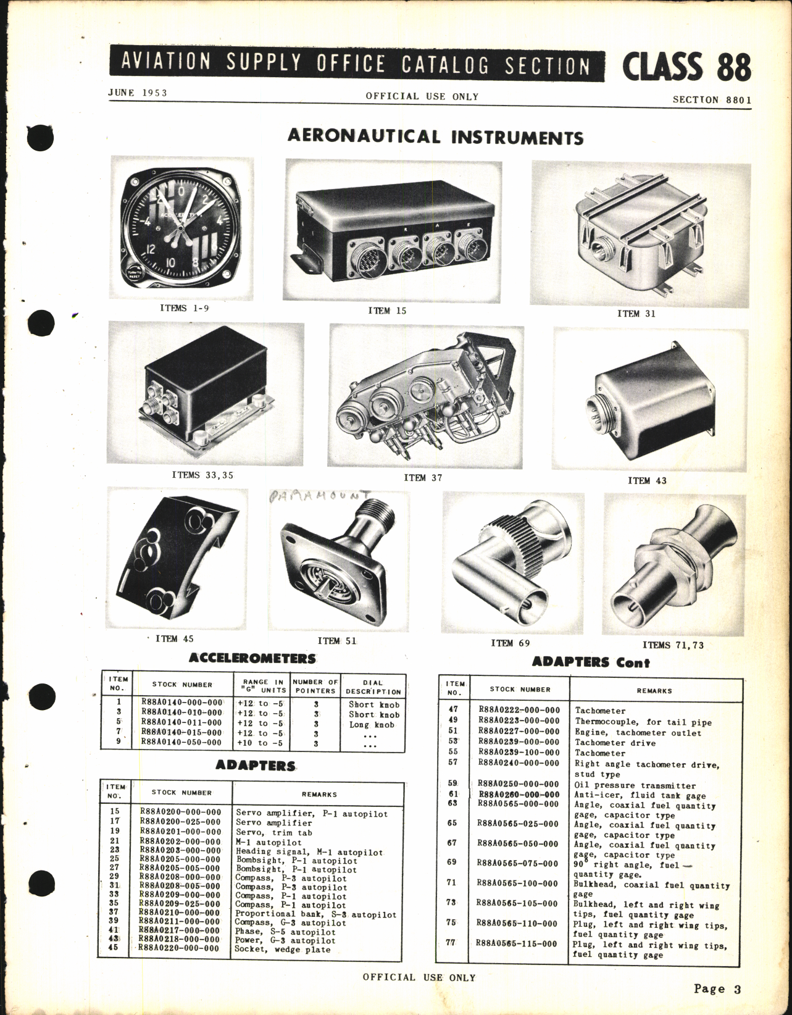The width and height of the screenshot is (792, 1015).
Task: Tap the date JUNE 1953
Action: click(138, 93)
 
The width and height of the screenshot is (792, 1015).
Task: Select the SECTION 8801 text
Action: click(712, 99)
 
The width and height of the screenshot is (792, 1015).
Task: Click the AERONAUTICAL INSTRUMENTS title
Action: click(435, 136)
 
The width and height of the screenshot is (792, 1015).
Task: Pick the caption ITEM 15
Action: click(387, 311)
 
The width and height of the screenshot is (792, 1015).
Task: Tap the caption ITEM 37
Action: click(423, 477)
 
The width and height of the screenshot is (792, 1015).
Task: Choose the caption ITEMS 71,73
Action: click(673, 645)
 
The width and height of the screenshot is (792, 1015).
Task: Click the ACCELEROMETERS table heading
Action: click(252, 658)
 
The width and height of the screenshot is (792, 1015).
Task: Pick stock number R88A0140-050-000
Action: click(181, 743)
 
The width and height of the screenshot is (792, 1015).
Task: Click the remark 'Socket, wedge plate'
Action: click(282, 949)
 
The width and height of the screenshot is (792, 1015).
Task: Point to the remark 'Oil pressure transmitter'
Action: click(626, 785)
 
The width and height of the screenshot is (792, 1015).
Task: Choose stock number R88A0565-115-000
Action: click(517, 943)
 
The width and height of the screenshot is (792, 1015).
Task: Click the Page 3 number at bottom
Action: click(716, 988)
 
